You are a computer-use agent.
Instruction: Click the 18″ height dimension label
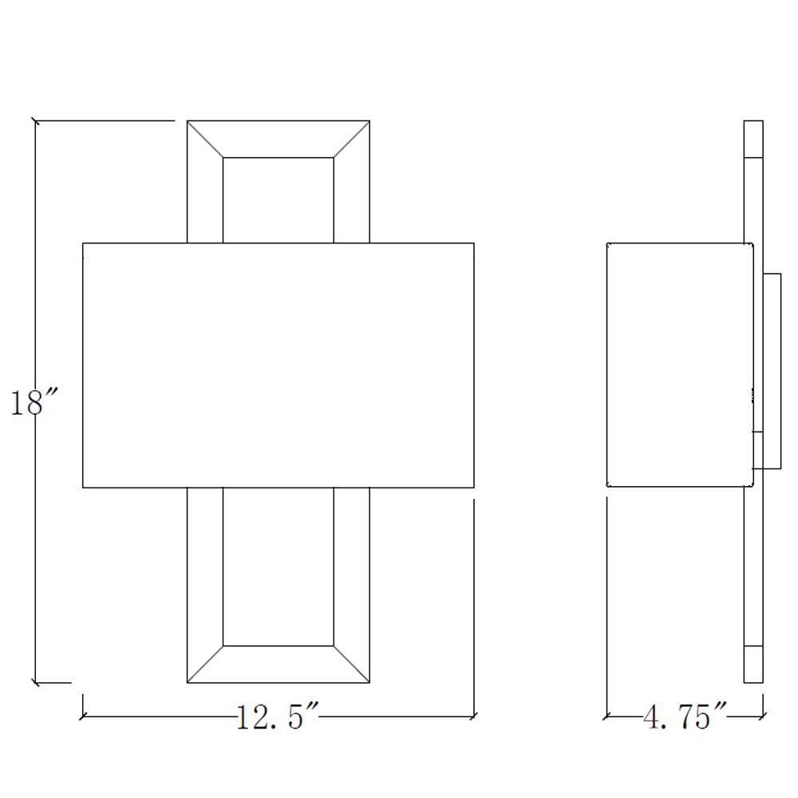(x=34, y=402)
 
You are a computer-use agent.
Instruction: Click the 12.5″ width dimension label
(x=278, y=717)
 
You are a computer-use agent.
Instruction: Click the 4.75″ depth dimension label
(x=684, y=717)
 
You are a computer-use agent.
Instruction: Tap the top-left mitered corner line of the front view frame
(x=205, y=139)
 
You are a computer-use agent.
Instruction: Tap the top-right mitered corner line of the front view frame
(x=352, y=139)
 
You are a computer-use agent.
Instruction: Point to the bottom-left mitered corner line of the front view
(x=205, y=664)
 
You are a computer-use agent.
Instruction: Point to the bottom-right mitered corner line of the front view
(x=352, y=664)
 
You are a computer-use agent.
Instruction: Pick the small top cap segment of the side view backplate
(x=753, y=139)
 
